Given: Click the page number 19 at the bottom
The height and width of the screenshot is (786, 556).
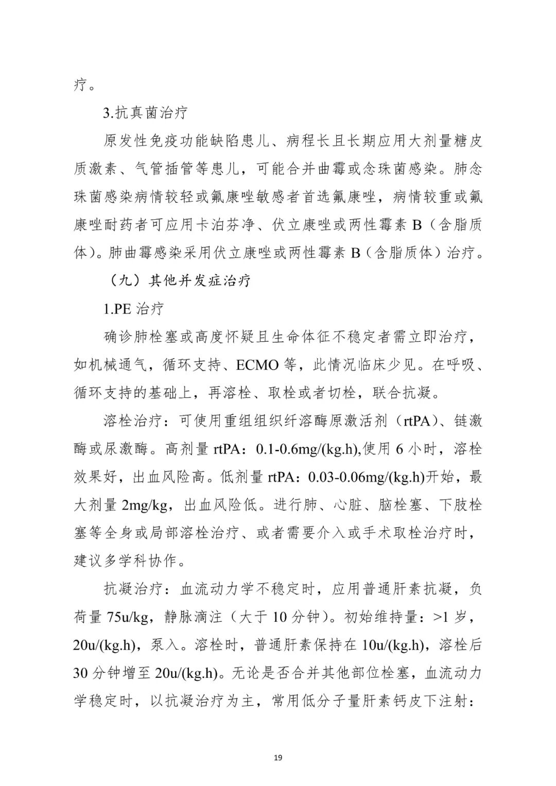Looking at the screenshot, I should (278, 757).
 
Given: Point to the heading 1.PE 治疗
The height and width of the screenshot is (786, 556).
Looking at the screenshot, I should (133, 309).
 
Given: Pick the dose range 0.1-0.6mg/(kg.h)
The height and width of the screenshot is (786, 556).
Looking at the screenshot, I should (307, 449).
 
